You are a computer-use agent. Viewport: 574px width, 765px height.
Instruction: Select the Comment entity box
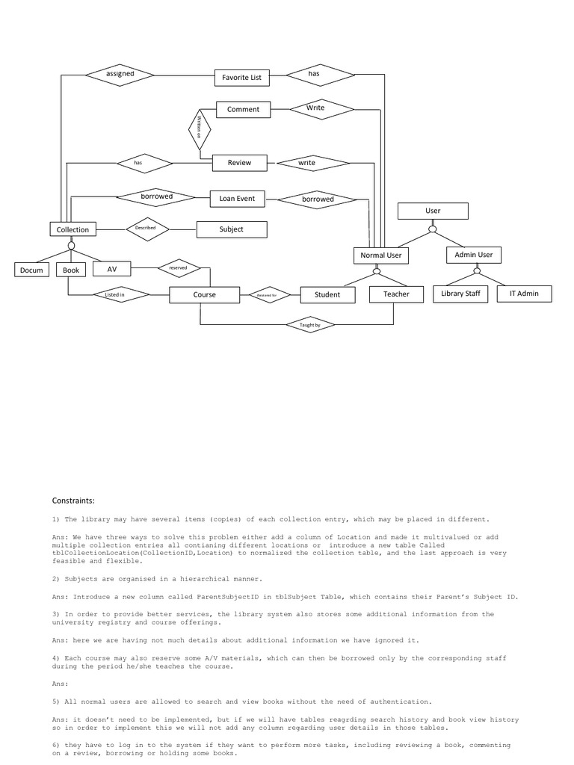click(243, 109)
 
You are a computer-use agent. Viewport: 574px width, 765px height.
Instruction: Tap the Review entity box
click(239, 162)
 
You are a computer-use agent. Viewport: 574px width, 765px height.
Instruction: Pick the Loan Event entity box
click(237, 199)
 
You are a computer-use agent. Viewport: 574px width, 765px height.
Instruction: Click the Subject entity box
click(231, 229)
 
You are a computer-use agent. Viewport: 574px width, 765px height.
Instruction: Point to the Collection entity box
click(72, 229)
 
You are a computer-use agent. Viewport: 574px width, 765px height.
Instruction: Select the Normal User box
click(380, 255)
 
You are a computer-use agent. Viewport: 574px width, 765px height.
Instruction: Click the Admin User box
click(474, 255)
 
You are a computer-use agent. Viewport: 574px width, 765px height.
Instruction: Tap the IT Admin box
click(524, 294)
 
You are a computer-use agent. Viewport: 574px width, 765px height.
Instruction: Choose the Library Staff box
click(460, 294)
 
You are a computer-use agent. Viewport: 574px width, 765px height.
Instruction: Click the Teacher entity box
click(396, 294)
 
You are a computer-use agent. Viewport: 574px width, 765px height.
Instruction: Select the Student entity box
click(327, 294)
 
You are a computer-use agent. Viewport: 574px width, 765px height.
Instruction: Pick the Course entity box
click(204, 295)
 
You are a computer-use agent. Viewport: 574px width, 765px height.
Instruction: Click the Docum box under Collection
click(32, 270)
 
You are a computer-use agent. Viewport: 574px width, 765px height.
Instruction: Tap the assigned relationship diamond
click(120, 74)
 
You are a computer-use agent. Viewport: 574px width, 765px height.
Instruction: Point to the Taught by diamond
click(310, 325)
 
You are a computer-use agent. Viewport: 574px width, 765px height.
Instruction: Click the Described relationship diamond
click(146, 228)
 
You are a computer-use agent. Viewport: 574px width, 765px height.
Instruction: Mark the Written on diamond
click(200, 128)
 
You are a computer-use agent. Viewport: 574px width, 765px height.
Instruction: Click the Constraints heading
click(73, 501)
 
